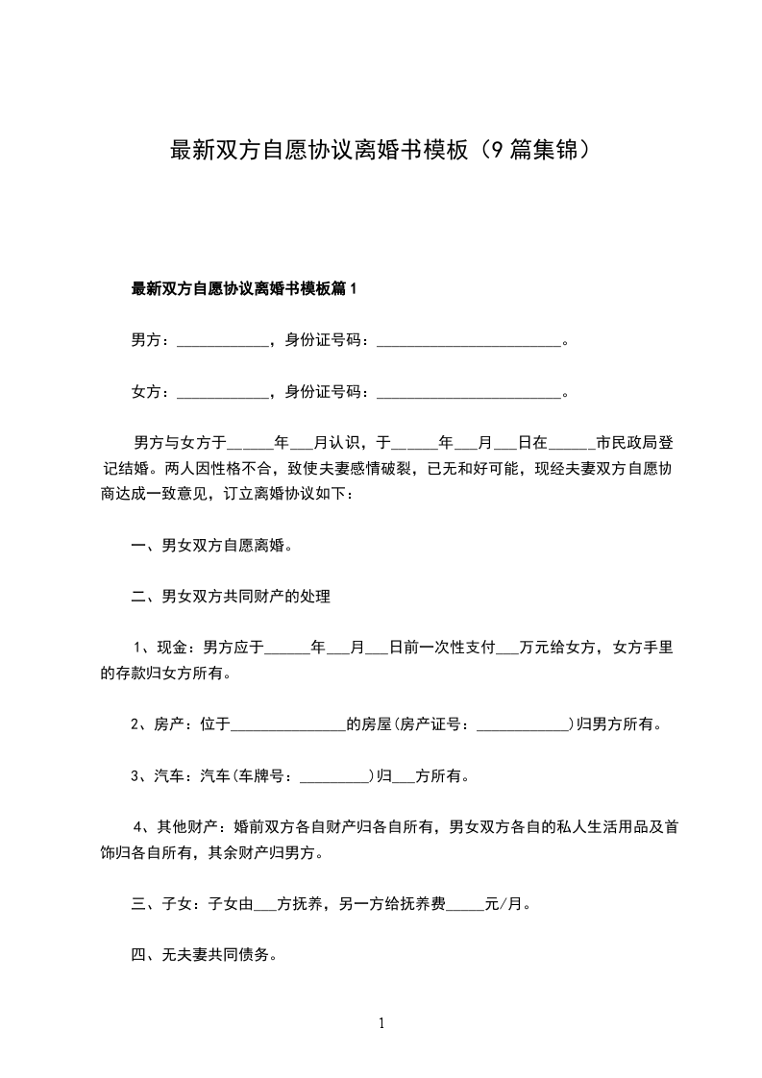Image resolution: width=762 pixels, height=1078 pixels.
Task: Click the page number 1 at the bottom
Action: (381, 1023)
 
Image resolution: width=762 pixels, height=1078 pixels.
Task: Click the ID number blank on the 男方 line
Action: (469, 340)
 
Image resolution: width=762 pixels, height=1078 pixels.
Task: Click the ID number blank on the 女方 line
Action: (469, 392)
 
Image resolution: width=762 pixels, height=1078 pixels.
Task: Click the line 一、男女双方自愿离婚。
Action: (211, 546)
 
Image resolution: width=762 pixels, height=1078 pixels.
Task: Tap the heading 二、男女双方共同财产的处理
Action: (231, 597)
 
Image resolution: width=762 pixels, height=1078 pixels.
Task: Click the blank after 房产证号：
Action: (523, 724)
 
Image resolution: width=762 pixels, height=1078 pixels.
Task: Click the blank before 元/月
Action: (467, 904)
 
